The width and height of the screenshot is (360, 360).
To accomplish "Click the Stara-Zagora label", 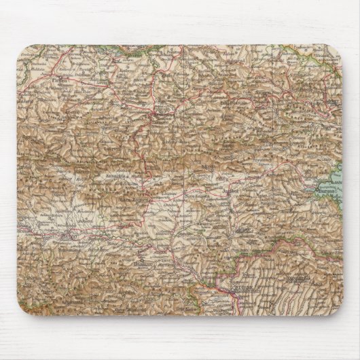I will pos(130,200).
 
